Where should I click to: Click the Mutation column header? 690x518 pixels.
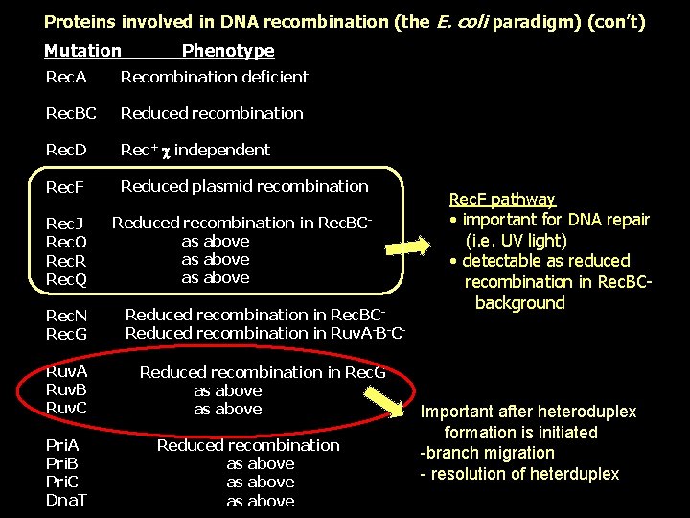click(x=82, y=51)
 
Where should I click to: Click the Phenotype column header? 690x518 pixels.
click(x=228, y=51)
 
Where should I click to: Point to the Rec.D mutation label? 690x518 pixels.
click(x=66, y=150)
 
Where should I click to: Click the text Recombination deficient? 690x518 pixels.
click(x=214, y=77)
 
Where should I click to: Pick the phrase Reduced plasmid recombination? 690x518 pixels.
click(x=244, y=186)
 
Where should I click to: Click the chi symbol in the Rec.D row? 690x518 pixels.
click(x=165, y=151)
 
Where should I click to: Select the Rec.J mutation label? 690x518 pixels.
click(x=65, y=224)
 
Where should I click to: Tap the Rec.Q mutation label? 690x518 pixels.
click(x=67, y=279)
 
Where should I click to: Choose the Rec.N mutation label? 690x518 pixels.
click(x=67, y=316)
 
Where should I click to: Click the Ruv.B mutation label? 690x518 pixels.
click(x=66, y=390)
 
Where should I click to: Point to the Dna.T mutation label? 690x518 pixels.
click(x=67, y=501)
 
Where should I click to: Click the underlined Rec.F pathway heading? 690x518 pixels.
click(x=501, y=200)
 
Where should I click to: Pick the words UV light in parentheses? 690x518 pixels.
click(x=529, y=241)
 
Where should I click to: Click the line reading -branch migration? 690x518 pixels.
click(x=488, y=453)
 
